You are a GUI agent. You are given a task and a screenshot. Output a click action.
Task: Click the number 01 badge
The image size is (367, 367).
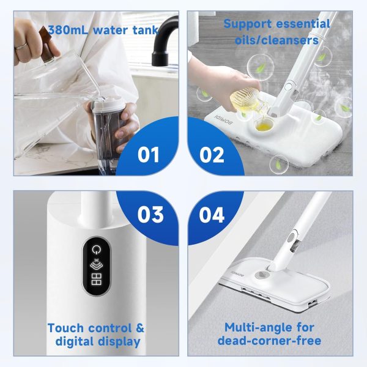(149, 155)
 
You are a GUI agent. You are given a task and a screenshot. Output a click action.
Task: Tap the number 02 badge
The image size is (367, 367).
(212, 155)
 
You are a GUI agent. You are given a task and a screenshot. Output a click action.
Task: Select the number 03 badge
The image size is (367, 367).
(150, 215)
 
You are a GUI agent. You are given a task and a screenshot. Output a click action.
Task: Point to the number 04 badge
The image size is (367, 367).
(212, 215)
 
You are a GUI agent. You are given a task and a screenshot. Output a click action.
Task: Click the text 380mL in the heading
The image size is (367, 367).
(69, 30)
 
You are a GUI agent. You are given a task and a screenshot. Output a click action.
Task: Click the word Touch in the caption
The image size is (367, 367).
(65, 328)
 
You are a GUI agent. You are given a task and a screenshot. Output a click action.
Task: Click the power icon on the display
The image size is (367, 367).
(96, 250)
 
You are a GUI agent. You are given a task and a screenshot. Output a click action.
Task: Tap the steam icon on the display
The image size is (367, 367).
(96, 264)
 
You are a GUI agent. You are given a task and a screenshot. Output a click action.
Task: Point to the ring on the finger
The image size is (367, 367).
(21, 46)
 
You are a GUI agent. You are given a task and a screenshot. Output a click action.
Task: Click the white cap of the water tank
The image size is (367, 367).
(108, 104)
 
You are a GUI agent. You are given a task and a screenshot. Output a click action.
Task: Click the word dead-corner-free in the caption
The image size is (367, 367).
(269, 341)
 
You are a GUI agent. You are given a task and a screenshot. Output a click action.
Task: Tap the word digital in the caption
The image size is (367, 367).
(75, 342)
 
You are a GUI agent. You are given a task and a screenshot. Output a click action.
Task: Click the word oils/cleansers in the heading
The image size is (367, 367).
(276, 40)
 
